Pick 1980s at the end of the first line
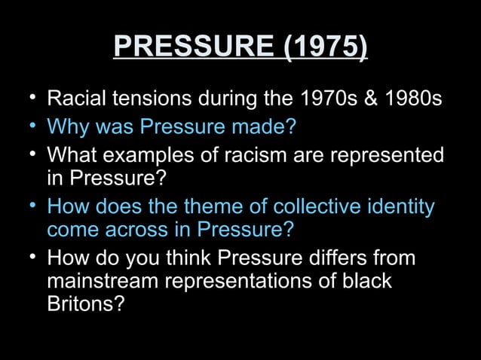[x=411, y=99]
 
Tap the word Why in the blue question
[x=66, y=127]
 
